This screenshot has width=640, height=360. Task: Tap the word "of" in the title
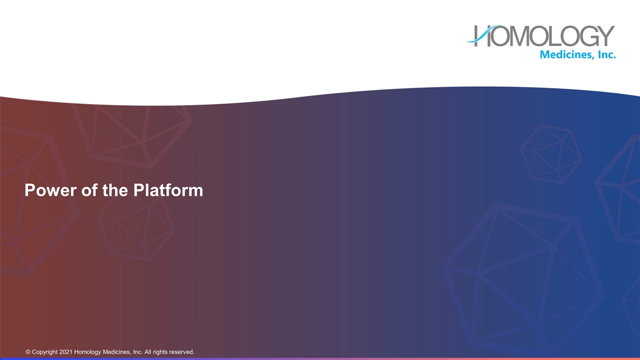pyautogui.click(x=88, y=190)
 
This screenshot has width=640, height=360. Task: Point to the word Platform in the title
pyautogui.click(x=168, y=190)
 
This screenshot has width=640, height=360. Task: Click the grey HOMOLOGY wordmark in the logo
pyautogui.click(x=545, y=36)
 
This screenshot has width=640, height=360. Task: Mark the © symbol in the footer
pyautogui.click(x=28, y=352)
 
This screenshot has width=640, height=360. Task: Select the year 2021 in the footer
pyautogui.click(x=66, y=352)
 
